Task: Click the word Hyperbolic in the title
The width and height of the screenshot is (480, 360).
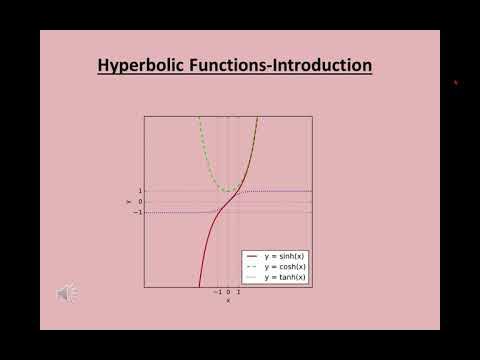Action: (137, 66)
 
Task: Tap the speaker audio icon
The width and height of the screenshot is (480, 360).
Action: (67, 293)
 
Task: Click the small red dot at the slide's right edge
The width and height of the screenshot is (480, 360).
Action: (456, 83)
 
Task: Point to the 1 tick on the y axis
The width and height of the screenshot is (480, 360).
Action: (140, 191)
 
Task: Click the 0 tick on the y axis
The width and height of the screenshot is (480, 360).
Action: (140, 201)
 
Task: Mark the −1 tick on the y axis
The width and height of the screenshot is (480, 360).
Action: (138, 212)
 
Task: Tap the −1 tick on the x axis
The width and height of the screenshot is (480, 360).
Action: (217, 292)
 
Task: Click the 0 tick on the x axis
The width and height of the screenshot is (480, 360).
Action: (228, 292)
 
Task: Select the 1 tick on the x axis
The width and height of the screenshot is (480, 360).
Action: (238, 292)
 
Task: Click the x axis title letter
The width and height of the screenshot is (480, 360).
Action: (228, 300)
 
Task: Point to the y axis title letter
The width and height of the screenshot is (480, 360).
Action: (129, 201)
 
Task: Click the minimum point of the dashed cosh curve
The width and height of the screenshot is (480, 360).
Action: (228, 191)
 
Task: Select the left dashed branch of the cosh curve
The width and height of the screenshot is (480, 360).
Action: (206, 140)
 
